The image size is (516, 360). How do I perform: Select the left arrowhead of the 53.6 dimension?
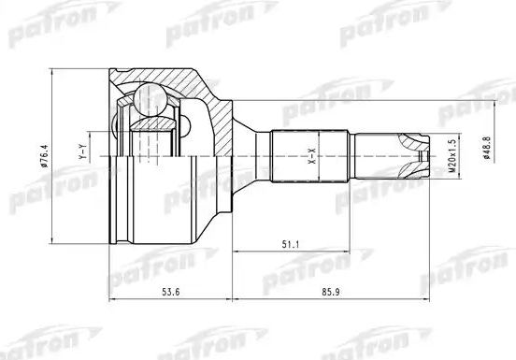click(113, 303)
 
